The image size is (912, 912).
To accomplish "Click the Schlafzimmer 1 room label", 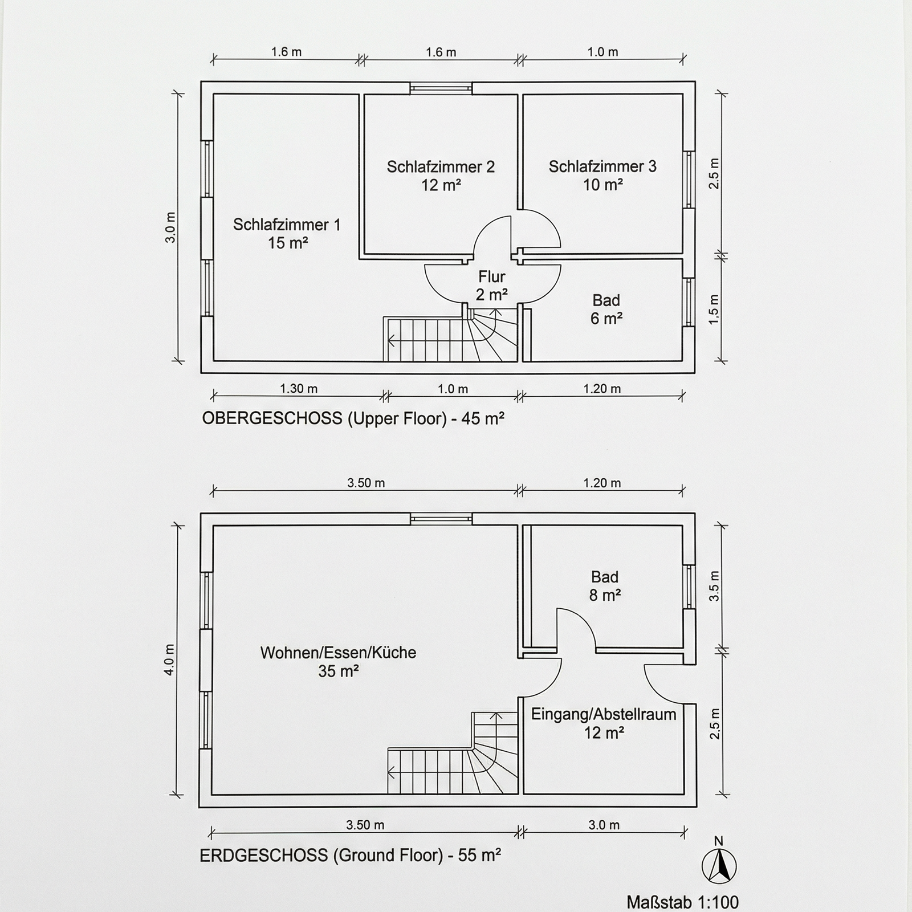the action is coord(287,234).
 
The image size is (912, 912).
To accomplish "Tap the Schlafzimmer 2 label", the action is coord(441,176).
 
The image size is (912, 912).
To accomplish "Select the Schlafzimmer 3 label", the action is coord(602,175).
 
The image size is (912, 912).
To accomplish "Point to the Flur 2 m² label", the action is coord(492,286).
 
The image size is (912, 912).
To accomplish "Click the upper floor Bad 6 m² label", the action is coord(606,309).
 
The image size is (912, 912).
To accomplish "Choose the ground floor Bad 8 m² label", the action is coord(605,586).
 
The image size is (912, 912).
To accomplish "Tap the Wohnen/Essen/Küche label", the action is coord(339,661).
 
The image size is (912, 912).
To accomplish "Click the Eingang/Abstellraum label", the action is coord(604,723).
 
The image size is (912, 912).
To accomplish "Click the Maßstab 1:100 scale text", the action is coord(683,902).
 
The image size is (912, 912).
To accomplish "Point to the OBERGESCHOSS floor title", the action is coord(353,418).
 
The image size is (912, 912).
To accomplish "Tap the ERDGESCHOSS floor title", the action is coord(351,855).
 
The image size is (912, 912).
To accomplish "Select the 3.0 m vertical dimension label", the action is coord(170,227).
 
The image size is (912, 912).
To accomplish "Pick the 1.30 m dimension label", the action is coord(299,389).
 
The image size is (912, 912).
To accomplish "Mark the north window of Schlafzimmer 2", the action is coord(441,88).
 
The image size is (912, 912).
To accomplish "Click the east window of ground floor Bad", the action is coord(689,587).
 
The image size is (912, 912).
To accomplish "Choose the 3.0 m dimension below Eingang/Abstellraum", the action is coord(604,825).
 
